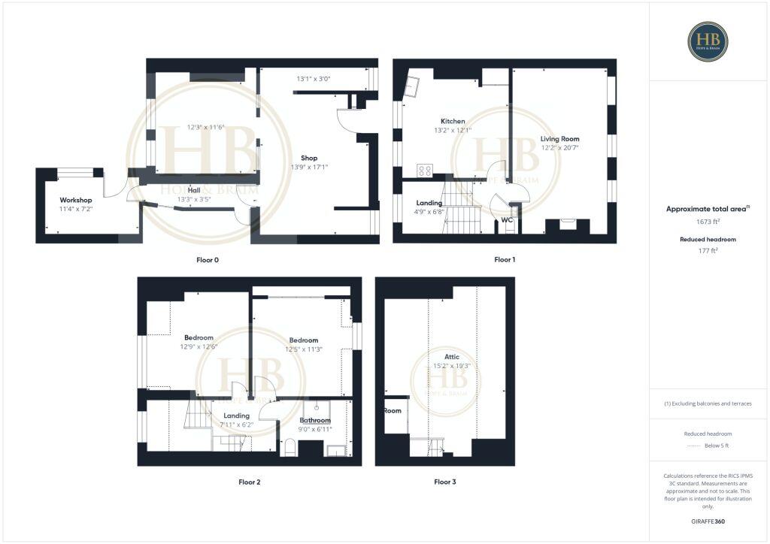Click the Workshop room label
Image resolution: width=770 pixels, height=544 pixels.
coord(76,200)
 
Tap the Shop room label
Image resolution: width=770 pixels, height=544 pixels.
coord(309,158)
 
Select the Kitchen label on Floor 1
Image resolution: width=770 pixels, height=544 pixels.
coord(453,121)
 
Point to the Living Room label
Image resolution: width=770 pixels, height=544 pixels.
coord(559,139)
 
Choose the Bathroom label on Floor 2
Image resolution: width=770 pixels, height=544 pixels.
coord(315,420)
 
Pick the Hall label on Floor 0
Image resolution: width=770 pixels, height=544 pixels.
coord(193,191)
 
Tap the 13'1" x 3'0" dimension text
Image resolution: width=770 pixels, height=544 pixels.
coord(314,78)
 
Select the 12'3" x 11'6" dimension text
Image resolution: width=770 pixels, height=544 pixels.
coord(206,127)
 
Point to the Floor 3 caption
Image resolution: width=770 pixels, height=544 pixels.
coord(444,482)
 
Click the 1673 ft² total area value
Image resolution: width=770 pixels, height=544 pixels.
coord(708,222)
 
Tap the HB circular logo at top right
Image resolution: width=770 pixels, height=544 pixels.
coord(708,41)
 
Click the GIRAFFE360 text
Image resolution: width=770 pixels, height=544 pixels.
coord(708,521)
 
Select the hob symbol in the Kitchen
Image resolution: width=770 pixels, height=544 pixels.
coord(424,171)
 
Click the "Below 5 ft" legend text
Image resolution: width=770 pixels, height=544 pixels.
coord(717,446)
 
